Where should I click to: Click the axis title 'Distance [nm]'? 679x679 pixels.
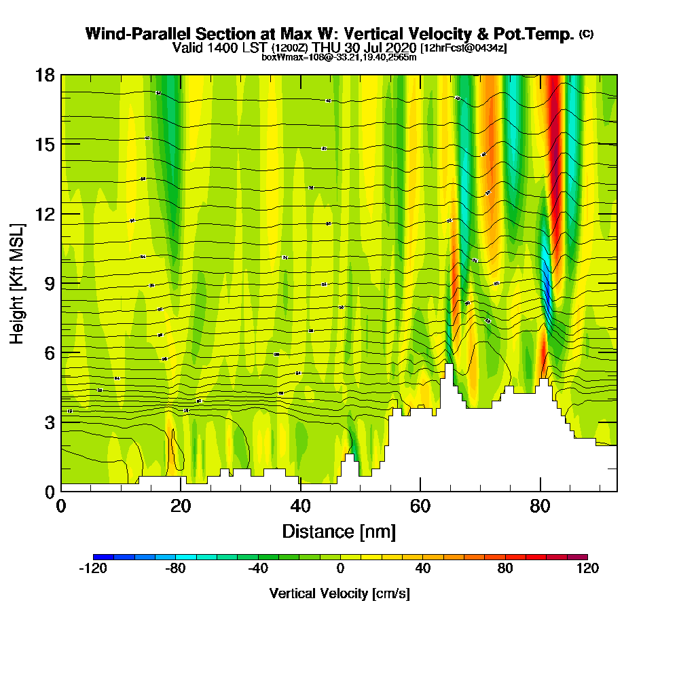tap(339, 531)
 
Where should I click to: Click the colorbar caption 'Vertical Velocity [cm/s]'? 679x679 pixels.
tap(339, 593)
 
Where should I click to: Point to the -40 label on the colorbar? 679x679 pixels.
tap(257, 569)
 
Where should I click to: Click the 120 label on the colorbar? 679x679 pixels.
tap(587, 569)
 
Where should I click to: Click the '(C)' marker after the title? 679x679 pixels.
tap(586, 34)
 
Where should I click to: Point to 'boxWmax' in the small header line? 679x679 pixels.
tap(276, 57)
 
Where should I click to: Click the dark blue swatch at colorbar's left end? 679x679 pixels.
tap(103, 557)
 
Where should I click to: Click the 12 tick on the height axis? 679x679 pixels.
tap(44, 213)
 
